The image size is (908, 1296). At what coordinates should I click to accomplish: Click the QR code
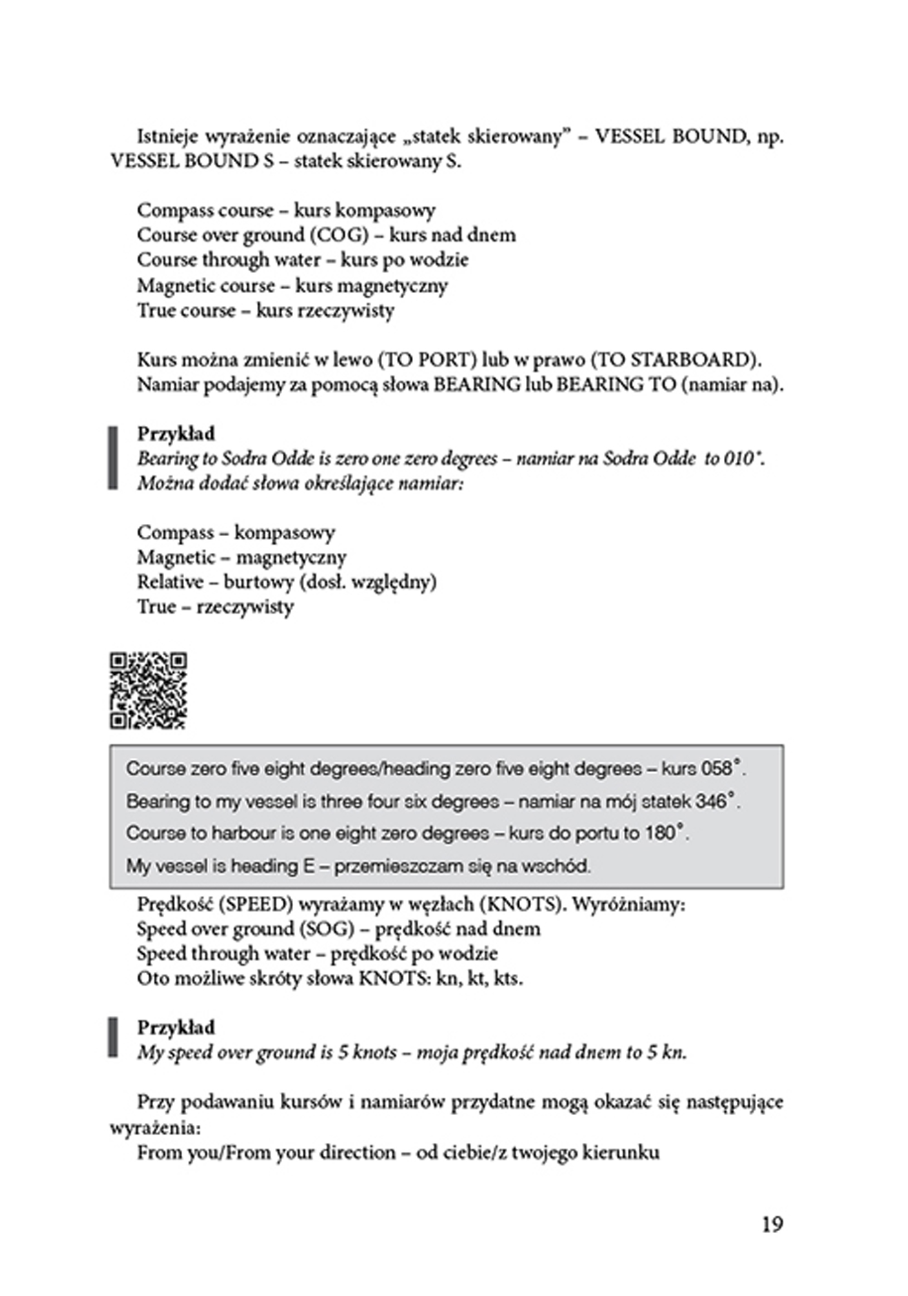(x=149, y=690)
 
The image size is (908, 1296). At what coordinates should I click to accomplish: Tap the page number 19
(x=772, y=1224)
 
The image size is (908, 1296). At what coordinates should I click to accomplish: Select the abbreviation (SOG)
(x=327, y=929)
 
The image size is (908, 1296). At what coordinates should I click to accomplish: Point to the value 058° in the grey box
(x=721, y=769)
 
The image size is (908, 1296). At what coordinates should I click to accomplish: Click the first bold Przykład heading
(x=176, y=434)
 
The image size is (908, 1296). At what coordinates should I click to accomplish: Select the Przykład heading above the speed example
(x=176, y=1028)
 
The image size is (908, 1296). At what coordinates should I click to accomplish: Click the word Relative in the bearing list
(x=170, y=582)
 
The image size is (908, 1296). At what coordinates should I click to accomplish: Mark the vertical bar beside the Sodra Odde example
(x=113, y=458)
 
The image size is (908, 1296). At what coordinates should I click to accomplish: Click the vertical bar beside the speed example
(x=113, y=1039)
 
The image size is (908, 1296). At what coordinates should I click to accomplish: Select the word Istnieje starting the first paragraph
(x=167, y=137)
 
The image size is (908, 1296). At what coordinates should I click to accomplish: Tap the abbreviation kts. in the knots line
(x=508, y=978)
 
